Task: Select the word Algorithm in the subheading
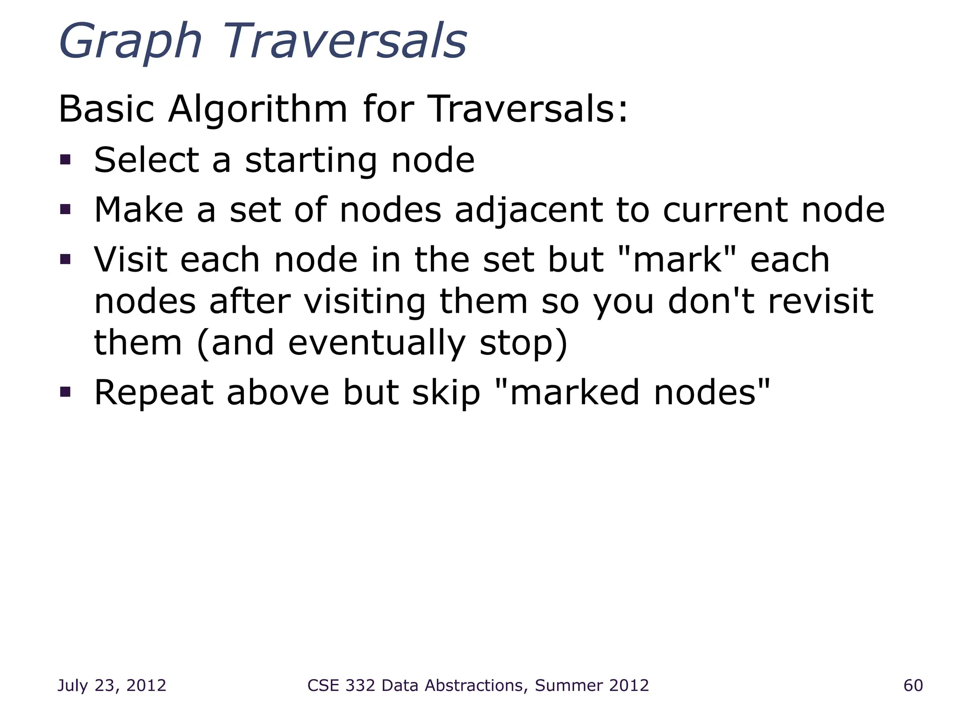pos(257,109)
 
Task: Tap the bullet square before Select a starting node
pos(65,160)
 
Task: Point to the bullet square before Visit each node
pos(65,259)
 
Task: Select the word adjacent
pos(528,210)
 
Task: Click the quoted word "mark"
pos(677,259)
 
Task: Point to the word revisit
pos(821,301)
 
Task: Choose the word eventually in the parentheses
pos(377,344)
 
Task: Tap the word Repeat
pos(154,393)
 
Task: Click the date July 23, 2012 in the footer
pos(112,686)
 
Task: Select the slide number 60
pos(913,686)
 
